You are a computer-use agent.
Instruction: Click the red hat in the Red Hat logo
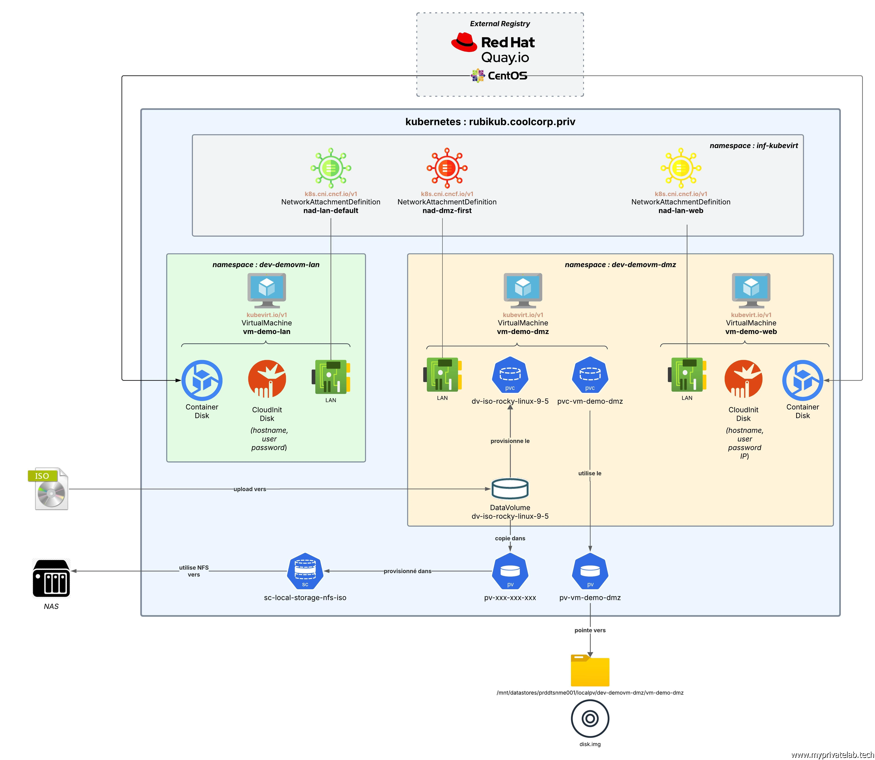click(464, 42)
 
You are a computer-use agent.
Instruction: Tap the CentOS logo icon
click(478, 75)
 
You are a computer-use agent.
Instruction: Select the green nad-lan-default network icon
click(331, 168)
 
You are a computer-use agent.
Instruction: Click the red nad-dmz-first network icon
click(447, 168)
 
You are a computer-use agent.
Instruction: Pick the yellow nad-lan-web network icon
click(681, 168)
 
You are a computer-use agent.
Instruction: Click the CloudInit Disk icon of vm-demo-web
click(743, 379)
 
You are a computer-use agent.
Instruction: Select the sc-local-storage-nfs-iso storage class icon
click(305, 571)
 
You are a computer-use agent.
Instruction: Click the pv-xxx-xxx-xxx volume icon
click(510, 571)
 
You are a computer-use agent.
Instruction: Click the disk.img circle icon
click(590, 718)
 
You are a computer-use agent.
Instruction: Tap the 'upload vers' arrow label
click(250, 489)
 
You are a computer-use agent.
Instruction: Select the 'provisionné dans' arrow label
click(407, 571)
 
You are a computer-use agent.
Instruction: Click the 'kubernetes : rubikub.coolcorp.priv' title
click(490, 122)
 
